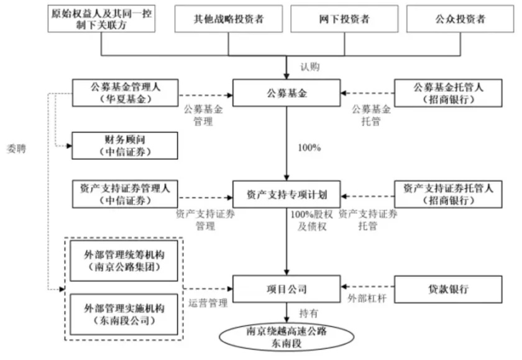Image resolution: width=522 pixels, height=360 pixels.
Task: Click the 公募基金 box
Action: tap(286, 94)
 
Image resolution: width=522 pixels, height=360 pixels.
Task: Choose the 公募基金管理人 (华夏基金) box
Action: tap(124, 94)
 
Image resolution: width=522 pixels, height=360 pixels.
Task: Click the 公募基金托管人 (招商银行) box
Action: tap(447, 94)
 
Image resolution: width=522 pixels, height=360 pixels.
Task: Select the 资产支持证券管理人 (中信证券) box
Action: tap(124, 194)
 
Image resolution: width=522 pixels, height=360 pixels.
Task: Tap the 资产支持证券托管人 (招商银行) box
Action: tap(447, 194)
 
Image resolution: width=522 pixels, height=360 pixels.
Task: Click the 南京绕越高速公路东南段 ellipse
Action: tap(286, 336)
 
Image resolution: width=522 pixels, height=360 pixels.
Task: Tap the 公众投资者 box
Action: tap(460, 19)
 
